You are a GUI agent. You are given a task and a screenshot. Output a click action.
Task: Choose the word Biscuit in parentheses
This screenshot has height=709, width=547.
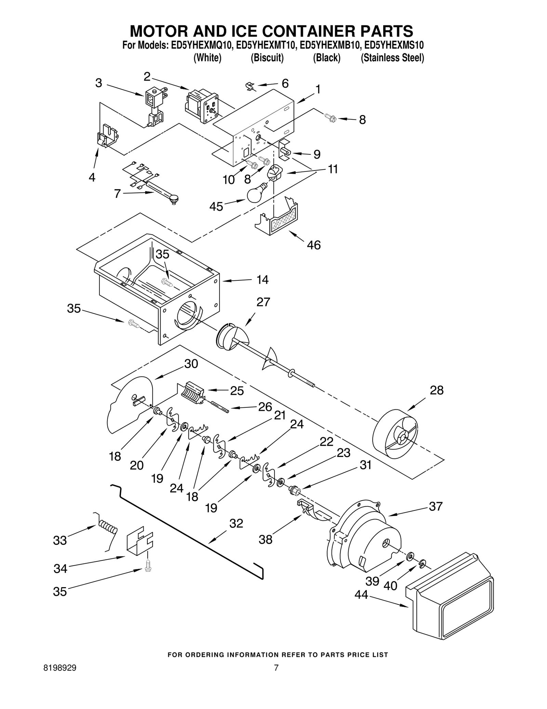[x=267, y=58]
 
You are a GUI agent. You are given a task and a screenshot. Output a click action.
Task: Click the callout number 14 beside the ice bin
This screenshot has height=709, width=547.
[x=262, y=280]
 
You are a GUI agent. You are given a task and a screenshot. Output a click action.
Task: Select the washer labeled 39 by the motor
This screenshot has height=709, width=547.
[x=409, y=557]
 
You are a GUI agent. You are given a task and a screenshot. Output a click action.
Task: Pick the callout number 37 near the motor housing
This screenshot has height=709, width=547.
[x=436, y=506]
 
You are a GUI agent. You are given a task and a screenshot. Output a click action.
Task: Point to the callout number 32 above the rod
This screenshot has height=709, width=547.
[x=236, y=523]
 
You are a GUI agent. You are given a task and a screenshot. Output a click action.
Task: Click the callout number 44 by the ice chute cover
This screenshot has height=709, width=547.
[x=361, y=595]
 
